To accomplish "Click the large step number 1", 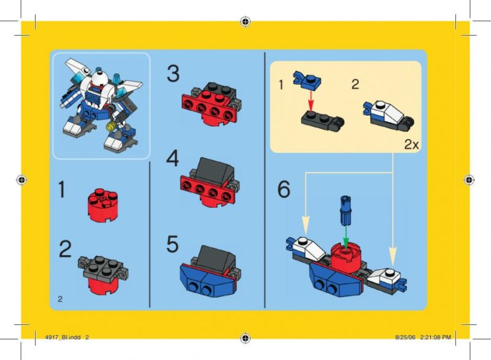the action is (62, 190).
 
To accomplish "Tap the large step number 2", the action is (65, 249).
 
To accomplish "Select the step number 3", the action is (173, 74).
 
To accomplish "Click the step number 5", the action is (172, 244).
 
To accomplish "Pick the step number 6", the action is (284, 189).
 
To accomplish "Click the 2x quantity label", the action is (411, 145).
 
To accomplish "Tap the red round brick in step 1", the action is (102, 205).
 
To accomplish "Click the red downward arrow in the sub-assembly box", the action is (311, 101).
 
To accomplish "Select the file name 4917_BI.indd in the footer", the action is (63, 337).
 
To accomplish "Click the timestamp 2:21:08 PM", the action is (435, 337).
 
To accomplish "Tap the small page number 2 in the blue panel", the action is (60, 299).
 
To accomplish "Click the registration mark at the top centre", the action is (245, 21).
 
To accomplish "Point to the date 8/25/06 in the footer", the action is (405, 337).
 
